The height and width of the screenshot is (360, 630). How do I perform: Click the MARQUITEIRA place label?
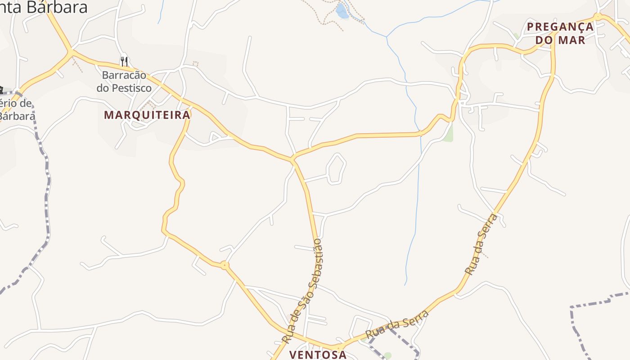coord(147,115)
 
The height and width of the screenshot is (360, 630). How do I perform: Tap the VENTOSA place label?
coord(318,355)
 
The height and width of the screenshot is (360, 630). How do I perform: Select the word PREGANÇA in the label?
coord(560,27)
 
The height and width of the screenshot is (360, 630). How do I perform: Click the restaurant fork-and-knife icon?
coord(124,61)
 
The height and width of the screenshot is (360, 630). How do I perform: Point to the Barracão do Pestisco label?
coord(124,81)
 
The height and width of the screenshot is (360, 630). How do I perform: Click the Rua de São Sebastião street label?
coord(302,291)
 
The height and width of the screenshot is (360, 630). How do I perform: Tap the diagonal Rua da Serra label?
coord(481,245)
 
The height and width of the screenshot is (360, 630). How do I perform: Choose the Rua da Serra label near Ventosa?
coord(397,325)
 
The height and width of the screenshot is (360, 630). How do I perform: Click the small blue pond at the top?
coord(342,11)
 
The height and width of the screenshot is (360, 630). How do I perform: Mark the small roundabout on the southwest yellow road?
coord(225,265)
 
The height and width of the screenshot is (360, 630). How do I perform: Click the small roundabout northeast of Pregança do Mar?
coord(598,17)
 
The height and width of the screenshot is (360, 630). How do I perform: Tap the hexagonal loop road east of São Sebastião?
coord(336,169)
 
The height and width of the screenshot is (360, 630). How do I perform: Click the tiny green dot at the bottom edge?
coord(387,355)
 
